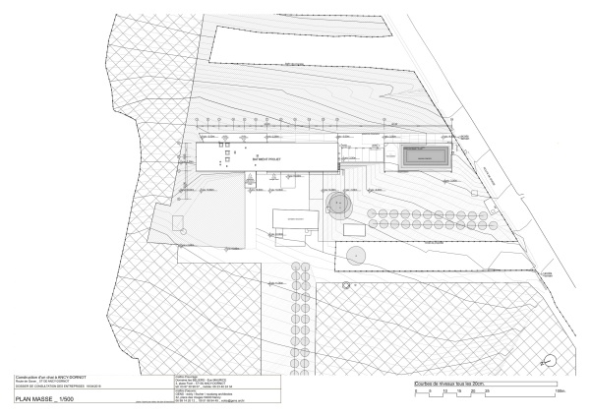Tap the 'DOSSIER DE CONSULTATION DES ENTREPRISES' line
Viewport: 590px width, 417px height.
point(49,386)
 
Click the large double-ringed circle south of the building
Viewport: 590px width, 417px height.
point(339,207)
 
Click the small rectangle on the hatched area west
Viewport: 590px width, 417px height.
point(176,221)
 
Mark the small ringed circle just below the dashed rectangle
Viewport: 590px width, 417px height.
point(346,285)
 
